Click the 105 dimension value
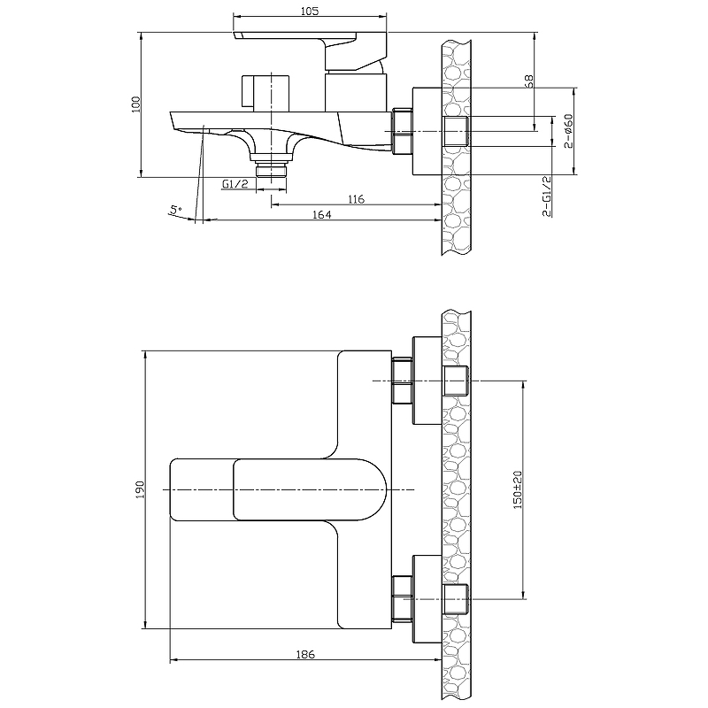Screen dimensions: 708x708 point(309,11)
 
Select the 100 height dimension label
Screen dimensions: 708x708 point(136,104)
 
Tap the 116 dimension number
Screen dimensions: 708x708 point(356,199)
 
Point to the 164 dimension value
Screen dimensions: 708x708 point(321,214)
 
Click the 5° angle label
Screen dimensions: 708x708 point(175,210)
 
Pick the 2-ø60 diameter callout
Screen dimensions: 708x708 point(568,131)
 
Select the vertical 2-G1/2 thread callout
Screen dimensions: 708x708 point(546,196)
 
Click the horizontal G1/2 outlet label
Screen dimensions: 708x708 point(235,184)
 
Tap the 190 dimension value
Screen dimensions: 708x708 point(140,489)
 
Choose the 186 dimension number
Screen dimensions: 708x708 point(305,654)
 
